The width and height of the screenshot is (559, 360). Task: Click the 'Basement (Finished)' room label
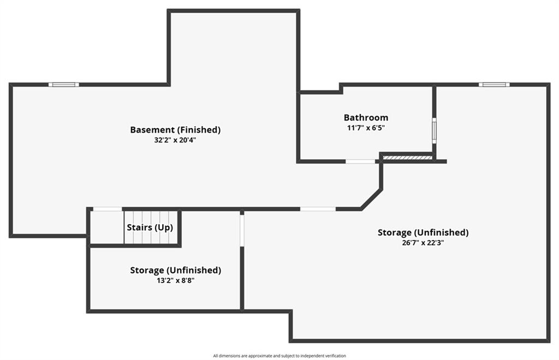point(175,130)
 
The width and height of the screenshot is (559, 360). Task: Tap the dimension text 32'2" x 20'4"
point(175,140)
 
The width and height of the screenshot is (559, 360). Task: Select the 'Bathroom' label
point(366,117)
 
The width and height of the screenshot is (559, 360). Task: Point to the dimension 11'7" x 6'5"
point(366,128)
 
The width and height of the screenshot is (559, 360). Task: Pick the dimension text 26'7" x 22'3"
point(423,243)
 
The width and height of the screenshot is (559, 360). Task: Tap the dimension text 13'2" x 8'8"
point(175,280)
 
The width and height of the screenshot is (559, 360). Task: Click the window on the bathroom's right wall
point(435,130)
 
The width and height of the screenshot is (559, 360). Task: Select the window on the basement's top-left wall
point(63,85)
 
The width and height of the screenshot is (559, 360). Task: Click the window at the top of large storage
point(494,85)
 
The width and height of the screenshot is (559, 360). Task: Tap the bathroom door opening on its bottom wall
point(360,161)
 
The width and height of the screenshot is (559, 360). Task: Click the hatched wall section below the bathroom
point(407,158)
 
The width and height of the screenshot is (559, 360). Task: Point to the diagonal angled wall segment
point(371,199)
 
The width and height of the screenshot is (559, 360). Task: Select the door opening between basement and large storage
point(318,209)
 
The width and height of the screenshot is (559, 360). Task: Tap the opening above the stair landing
point(107,209)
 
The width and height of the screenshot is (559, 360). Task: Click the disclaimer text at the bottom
point(279,356)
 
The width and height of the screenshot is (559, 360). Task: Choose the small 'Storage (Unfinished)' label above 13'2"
point(175,270)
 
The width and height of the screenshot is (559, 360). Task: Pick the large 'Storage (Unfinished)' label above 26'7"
point(423,232)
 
